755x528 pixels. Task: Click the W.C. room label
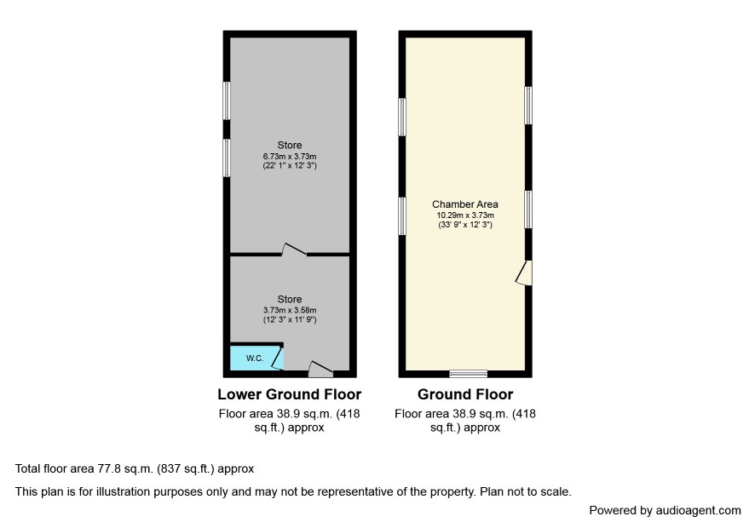[x=255, y=358]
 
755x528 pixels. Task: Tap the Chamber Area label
[x=465, y=204]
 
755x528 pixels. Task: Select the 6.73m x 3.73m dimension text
[x=290, y=157]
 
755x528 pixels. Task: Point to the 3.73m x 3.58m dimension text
[x=290, y=311]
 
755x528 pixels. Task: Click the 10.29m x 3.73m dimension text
[x=465, y=215]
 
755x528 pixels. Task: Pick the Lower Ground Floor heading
[x=290, y=394]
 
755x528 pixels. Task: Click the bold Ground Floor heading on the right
[x=465, y=394]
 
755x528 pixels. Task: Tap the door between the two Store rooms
[x=294, y=250]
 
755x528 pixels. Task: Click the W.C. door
[x=278, y=358]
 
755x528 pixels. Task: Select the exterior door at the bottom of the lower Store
[x=320, y=369]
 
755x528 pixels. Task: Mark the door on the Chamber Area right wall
[x=524, y=273]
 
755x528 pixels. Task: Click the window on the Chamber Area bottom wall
[x=469, y=373]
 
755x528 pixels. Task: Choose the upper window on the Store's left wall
[x=227, y=100]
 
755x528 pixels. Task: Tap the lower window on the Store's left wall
[x=227, y=158]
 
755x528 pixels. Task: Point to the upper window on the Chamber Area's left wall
[x=402, y=117]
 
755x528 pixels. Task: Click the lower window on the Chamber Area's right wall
[x=528, y=209]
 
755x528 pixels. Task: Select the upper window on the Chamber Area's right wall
[x=528, y=106]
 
